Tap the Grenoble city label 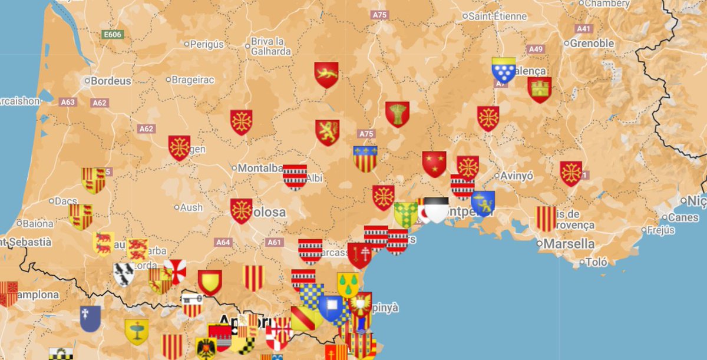(x=593, y=43)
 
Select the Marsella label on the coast (x=569, y=243)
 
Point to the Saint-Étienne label (x=498, y=16)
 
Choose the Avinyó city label (x=517, y=176)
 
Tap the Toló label (x=596, y=263)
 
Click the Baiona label (x=38, y=223)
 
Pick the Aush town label (x=191, y=207)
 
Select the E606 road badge (x=112, y=35)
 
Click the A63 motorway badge (x=68, y=102)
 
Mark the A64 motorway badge (x=223, y=242)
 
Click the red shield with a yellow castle (x=539, y=90)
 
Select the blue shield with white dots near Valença (x=504, y=70)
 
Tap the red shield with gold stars (x=434, y=164)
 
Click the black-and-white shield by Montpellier (x=437, y=209)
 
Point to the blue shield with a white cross (x=90, y=318)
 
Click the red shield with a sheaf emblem (x=398, y=114)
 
